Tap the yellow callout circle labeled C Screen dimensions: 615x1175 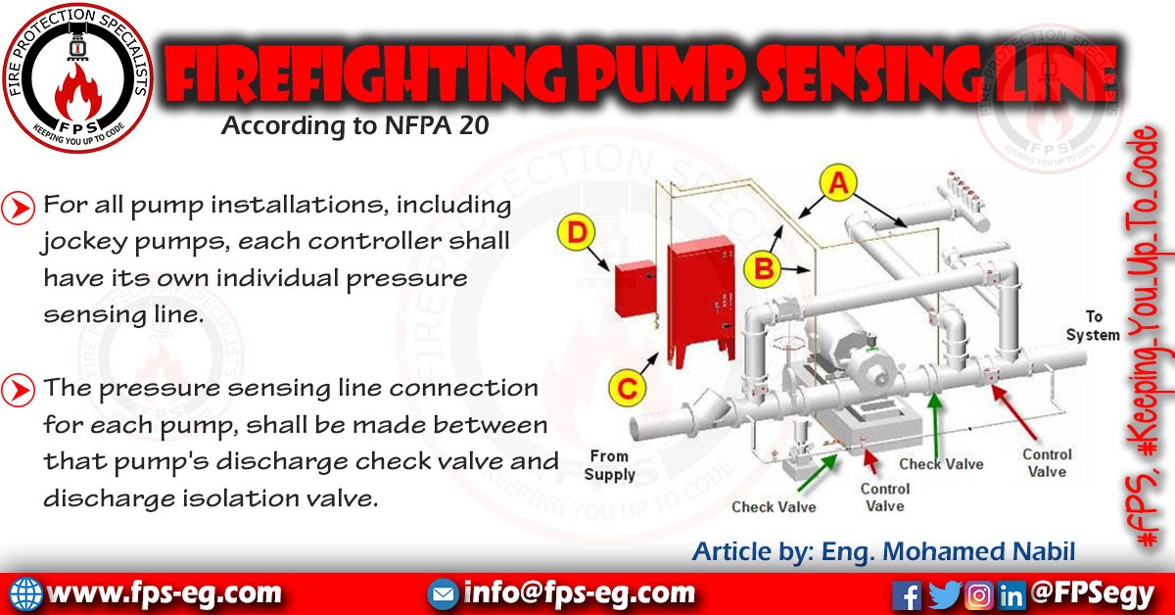pyautogui.click(x=629, y=388)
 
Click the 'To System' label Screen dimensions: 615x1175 pyautogui.click(x=1092, y=326)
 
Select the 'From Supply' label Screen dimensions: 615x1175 pyautogui.click(x=609, y=464)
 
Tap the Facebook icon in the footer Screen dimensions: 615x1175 pyautogui.click(x=908, y=593)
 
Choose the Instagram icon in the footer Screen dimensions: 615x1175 pyautogui.click(x=978, y=593)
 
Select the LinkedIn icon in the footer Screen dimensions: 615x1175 pyautogui.click(x=1011, y=593)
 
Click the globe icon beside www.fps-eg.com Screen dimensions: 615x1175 pyautogui.click(x=26, y=593)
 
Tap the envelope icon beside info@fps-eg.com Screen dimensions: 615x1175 pyautogui.click(x=444, y=593)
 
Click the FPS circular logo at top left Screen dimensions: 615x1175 pyautogui.click(x=76, y=76)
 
